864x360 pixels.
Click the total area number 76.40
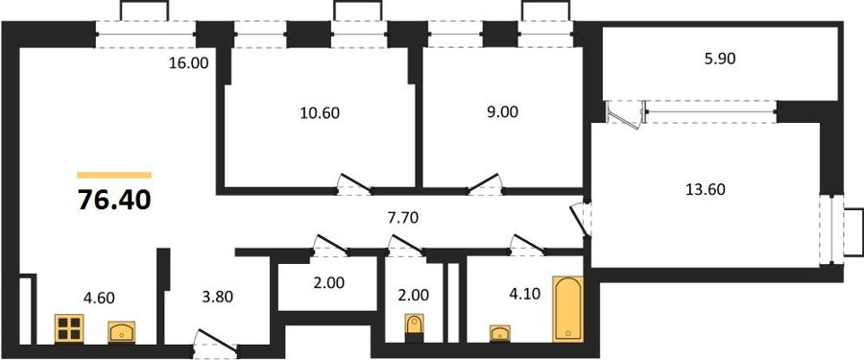[114, 200]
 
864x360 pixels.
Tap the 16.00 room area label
[188, 63]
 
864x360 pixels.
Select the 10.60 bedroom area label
[320, 113]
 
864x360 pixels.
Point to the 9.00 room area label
[503, 112]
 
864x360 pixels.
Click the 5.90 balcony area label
[720, 59]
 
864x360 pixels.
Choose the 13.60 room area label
[706, 190]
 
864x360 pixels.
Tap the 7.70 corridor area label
[403, 218]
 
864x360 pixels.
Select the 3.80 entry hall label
[217, 298]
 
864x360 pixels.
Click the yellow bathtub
[567, 309]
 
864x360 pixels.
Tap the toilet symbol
[414, 324]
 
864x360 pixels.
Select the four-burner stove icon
[69, 328]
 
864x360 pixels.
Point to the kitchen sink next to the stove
[121, 332]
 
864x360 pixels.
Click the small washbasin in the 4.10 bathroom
[500, 333]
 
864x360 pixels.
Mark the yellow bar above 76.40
[114, 176]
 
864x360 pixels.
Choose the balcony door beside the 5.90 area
[625, 114]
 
